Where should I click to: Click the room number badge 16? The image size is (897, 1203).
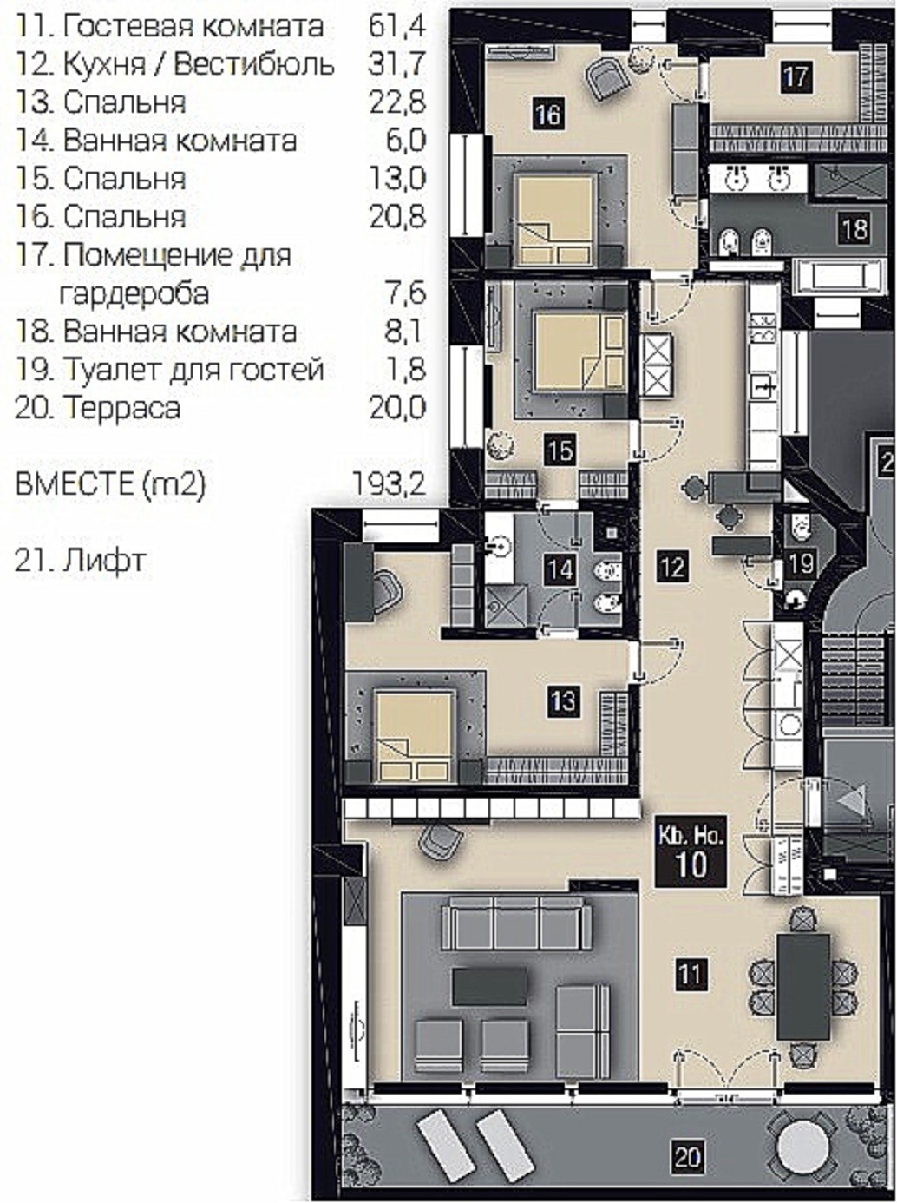coord(548,115)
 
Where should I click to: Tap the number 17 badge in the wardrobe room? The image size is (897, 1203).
coord(796,76)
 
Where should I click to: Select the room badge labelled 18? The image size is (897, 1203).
coord(854,228)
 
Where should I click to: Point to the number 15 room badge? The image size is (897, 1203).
coord(560,450)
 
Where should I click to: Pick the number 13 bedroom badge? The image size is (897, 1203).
coord(564,700)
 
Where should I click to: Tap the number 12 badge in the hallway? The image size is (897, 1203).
coord(672,566)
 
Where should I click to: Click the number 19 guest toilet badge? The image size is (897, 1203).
coord(801,562)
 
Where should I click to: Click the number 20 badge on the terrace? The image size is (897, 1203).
coord(688,1158)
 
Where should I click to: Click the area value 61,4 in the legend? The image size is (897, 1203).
coord(397,25)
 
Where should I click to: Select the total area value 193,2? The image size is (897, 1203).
coord(389,484)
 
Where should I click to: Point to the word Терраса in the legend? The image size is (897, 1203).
coord(121,408)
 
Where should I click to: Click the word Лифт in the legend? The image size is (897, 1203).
coord(105,561)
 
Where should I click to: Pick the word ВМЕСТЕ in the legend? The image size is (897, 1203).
coord(75,484)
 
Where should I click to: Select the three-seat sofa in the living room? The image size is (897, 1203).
coord(516,924)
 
